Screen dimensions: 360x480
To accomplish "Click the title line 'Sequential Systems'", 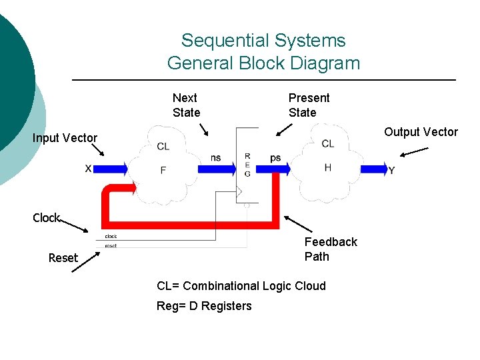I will (263, 41).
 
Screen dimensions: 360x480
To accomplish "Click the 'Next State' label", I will (186, 105).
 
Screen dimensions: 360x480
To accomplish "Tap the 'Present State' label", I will (309, 105).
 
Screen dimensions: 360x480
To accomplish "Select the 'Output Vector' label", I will (421, 132).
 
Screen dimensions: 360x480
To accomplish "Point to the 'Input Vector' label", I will (65, 138).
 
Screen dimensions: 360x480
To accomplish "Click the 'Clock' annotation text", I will (47, 218).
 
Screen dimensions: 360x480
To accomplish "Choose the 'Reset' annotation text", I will (63, 258).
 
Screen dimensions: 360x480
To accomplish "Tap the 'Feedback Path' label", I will (330, 249).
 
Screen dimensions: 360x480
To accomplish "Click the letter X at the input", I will (88, 169).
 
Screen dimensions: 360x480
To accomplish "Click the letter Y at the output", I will (391, 171).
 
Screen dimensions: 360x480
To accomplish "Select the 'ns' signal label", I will (215, 158).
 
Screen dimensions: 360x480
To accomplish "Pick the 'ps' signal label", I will (275, 158).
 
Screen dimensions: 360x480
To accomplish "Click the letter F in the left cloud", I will (163, 171).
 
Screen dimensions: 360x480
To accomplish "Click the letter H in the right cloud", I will (327, 167).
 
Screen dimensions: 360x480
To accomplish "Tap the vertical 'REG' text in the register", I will (247, 165).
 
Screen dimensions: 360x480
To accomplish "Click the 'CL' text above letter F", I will (163, 147).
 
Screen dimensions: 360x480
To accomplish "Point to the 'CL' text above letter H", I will (327, 144).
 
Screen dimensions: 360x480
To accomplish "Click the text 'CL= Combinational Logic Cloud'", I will (241, 286).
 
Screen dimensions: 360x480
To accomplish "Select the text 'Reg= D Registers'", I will (204, 306).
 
